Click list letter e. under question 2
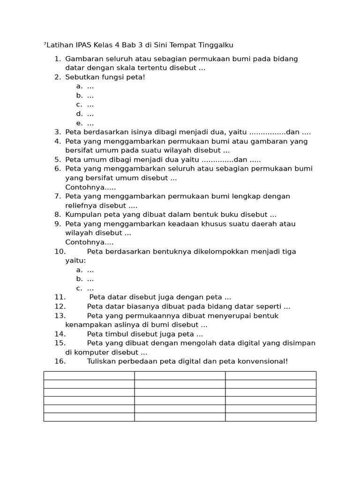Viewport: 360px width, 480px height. pyautogui.click(x=79, y=123)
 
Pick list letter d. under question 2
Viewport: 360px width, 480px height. pyautogui.click(x=79, y=113)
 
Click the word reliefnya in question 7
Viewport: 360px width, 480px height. pyautogui.click(x=81, y=205)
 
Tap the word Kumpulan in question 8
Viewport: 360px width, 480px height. pyautogui.click(x=82, y=215)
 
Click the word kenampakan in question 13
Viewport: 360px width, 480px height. pyautogui.click(x=87, y=325)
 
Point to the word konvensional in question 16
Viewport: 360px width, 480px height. pyautogui.click(x=263, y=361)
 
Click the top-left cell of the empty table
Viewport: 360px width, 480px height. pyautogui.click(x=89, y=375)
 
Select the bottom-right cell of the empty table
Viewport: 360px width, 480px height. pyautogui.click(x=270, y=417)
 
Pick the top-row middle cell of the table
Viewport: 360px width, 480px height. pyautogui.click(x=180, y=375)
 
